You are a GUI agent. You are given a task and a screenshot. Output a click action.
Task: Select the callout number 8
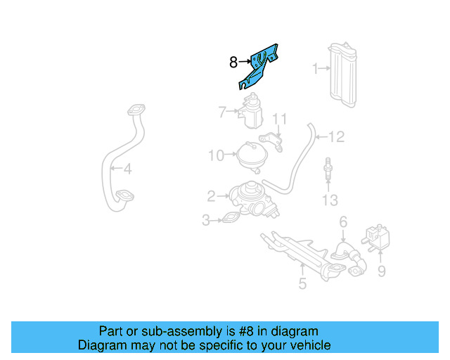click(x=233, y=63)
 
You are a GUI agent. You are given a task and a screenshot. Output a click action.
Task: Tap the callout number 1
click(x=316, y=68)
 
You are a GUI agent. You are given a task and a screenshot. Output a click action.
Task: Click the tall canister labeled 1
click(x=344, y=76)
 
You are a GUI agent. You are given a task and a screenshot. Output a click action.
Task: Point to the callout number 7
click(x=221, y=111)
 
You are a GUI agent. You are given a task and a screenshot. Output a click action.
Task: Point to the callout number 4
click(x=127, y=169)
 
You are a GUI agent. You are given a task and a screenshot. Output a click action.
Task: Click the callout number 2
click(x=211, y=195)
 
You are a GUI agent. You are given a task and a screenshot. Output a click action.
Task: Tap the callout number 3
click(x=207, y=221)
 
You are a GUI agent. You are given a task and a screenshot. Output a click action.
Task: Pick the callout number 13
click(x=330, y=201)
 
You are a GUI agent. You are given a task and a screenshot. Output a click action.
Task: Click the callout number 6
click(x=343, y=222)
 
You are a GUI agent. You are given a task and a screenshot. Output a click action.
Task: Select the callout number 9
click(x=381, y=269)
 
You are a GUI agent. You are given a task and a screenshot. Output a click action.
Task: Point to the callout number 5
click(x=302, y=284)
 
